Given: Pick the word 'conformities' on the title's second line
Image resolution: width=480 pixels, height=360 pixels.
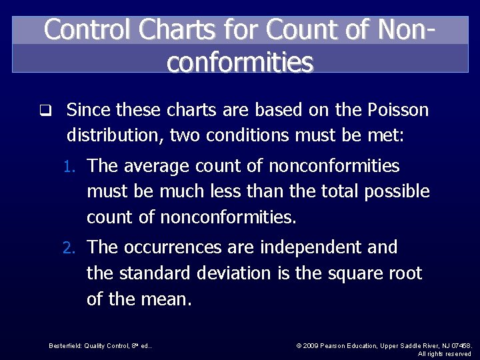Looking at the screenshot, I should coord(240,62).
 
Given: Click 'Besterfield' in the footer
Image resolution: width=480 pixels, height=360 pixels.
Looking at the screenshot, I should coord(65,345).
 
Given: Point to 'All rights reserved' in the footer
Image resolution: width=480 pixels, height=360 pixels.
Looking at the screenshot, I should coord(445,353).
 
